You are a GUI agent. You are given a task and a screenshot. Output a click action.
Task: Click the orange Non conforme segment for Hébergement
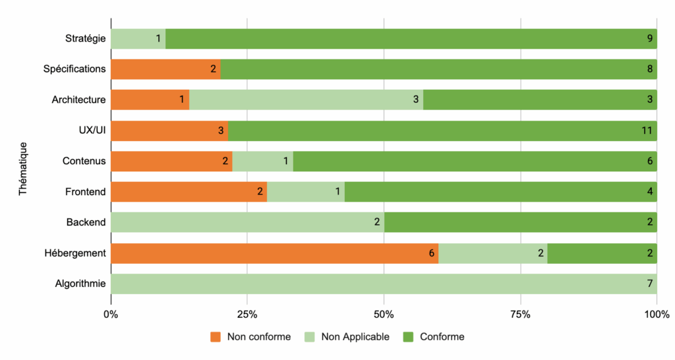coord(274,253)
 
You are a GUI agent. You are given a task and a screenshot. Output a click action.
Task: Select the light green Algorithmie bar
coord(384,284)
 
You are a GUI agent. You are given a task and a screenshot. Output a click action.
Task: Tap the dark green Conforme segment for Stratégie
coord(411,39)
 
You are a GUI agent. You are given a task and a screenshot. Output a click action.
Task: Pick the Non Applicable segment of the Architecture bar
coord(306,100)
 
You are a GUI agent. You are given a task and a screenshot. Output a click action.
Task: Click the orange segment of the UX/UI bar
coord(169,131)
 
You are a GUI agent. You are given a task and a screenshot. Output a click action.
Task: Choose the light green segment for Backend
coord(247,222)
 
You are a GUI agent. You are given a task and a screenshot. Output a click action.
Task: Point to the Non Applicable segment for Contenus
coord(262,161)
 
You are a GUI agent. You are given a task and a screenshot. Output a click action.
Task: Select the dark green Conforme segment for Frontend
coord(500,192)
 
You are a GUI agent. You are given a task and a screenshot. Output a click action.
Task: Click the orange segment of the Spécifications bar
coord(165,69)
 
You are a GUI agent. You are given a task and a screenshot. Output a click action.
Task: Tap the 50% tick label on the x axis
coord(384,315)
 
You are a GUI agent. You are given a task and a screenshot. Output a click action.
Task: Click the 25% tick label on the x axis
coord(247,315)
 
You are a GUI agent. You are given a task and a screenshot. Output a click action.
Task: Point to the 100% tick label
coord(656,315)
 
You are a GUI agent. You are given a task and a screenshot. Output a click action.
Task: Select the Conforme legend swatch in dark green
coord(408,337)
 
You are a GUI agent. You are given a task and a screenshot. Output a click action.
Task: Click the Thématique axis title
coord(23,168)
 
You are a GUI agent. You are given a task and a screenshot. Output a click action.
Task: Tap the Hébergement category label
coord(74,253)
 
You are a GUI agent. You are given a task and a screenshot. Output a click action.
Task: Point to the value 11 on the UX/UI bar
coord(647,131)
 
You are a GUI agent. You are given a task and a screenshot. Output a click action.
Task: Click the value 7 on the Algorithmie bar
coord(649,284)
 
